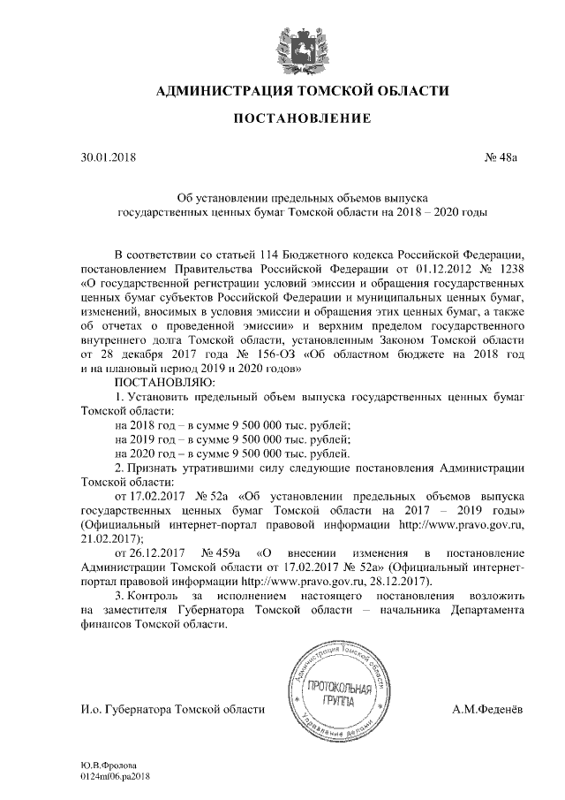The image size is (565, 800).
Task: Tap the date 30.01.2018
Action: [106, 158]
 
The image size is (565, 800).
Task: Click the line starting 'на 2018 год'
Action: [233, 425]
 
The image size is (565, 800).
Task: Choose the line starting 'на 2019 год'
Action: [233, 439]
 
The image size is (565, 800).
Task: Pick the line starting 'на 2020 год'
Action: [233, 453]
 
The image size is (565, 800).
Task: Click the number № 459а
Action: [222, 552]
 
